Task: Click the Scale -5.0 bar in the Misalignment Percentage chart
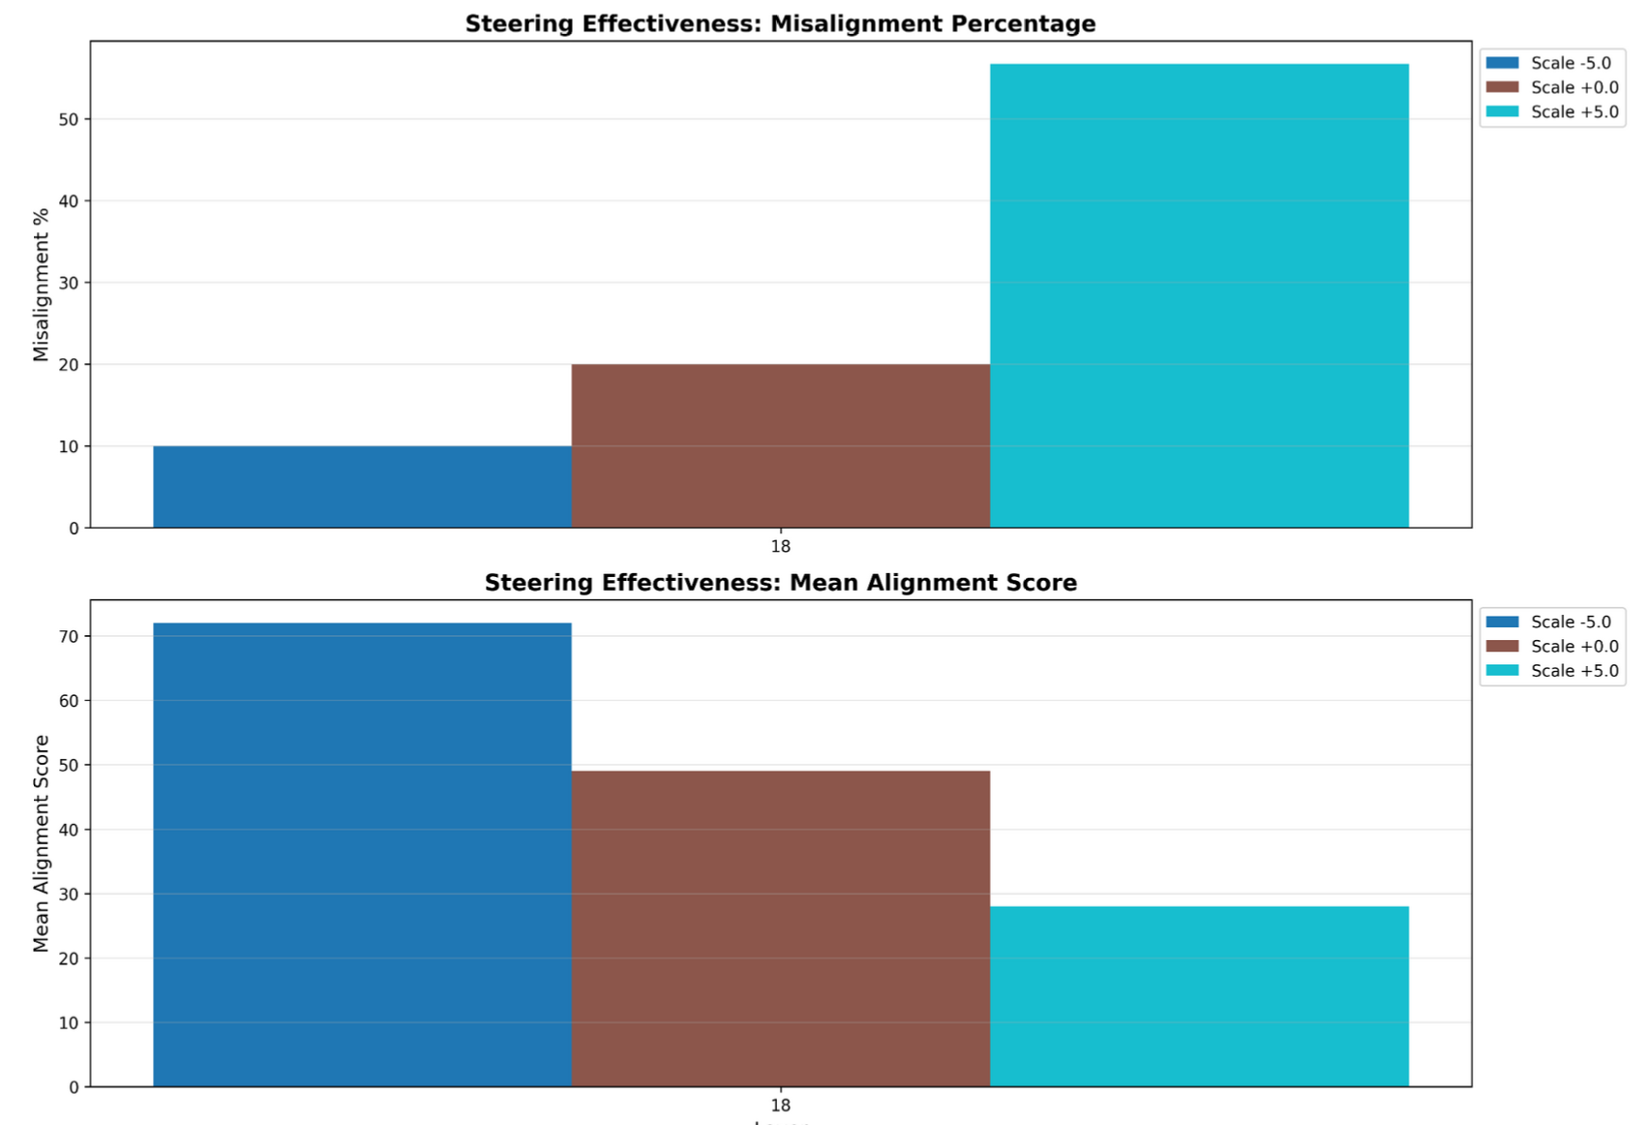tap(362, 487)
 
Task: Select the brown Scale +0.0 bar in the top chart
tap(780, 446)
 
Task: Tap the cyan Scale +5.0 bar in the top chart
tap(1199, 296)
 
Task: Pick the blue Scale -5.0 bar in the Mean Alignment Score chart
tap(362, 855)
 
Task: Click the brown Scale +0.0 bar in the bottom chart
tap(780, 928)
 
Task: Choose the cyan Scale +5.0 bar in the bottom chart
tap(1199, 996)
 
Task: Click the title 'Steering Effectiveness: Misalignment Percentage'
tap(780, 24)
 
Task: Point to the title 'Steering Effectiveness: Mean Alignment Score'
tap(780, 583)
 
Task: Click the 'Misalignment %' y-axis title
tap(41, 285)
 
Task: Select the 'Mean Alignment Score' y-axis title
tap(41, 843)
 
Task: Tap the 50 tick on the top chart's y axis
tap(69, 120)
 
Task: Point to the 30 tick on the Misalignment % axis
tap(69, 284)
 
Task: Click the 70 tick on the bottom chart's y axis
tap(69, 637)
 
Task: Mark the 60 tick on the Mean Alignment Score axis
tap(69, 701)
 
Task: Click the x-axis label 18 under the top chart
tap(780, 547)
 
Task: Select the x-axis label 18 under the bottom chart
tap(780, 1106)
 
